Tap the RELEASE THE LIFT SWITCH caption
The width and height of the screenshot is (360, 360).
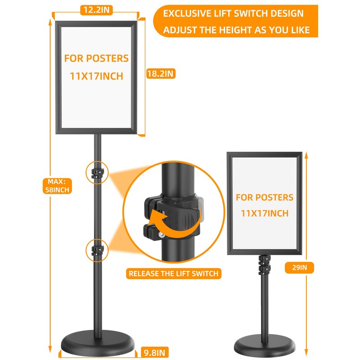173,273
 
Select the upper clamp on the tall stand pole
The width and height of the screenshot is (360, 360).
97,173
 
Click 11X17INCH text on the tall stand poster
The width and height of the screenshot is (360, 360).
96,76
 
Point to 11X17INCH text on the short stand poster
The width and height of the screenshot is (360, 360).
265,213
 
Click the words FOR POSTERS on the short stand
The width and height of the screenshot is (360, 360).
265,197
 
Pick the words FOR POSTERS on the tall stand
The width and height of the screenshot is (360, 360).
96,58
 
